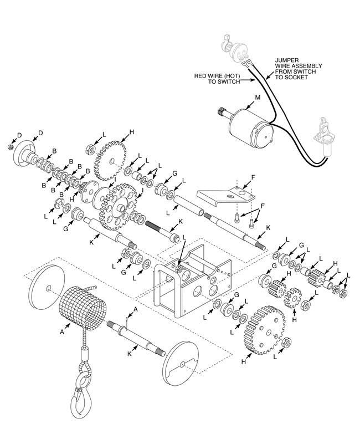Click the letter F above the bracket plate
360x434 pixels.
tap(254, 178)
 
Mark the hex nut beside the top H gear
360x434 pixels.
tap(87, 148)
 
